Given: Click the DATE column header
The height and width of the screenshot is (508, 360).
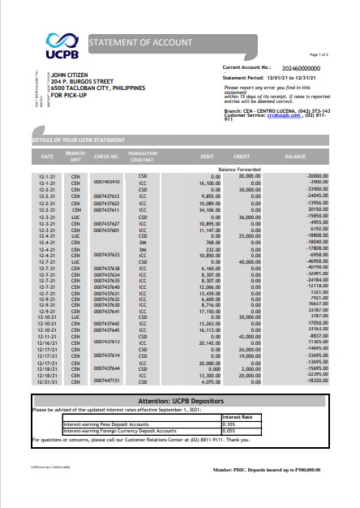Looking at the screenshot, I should [x=47, y=155].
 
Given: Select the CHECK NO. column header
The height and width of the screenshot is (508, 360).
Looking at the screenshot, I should [x=107, y=155].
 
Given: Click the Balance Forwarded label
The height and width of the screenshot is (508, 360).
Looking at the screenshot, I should [x=238, y=169].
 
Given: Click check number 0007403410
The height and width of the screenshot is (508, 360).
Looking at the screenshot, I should [x=106, y=182].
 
